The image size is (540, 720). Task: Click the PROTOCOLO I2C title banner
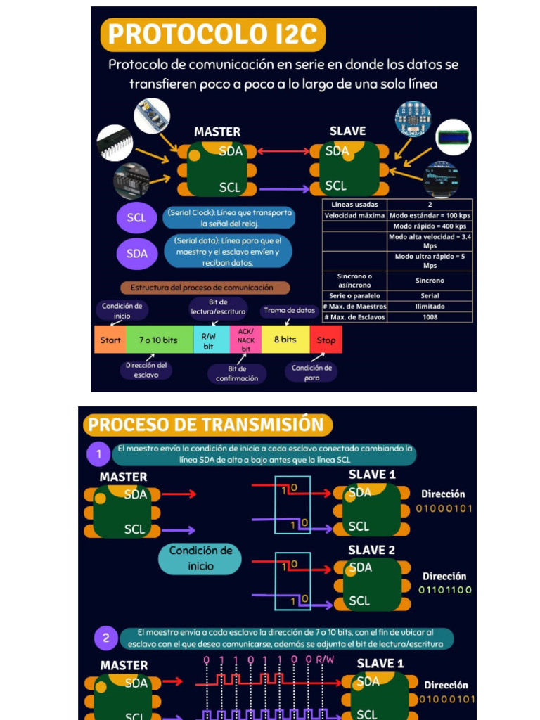(213, 34)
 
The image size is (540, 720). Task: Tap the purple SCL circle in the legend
(136, 217)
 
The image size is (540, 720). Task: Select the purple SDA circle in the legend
(136, 254)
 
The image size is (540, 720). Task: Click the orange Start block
(110, 340)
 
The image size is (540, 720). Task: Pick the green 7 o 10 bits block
(158, 340)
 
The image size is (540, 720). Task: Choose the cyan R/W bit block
(210, 340)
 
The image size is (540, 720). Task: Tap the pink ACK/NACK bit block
(246, 340)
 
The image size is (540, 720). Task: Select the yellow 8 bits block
(285, 340)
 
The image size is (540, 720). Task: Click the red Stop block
(326, 340)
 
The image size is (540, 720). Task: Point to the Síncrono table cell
(430, 281)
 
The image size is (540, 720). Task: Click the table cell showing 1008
(430, 317)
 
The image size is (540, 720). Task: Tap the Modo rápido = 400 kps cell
(430, 226)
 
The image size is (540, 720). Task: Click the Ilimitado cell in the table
(430, 307)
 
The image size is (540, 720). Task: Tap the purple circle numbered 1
(99, 454)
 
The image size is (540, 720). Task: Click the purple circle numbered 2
(106, 638)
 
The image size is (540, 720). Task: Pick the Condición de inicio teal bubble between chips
(200, 558)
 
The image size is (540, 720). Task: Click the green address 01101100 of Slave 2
(445, 590)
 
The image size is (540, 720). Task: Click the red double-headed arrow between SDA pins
(284, 151)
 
